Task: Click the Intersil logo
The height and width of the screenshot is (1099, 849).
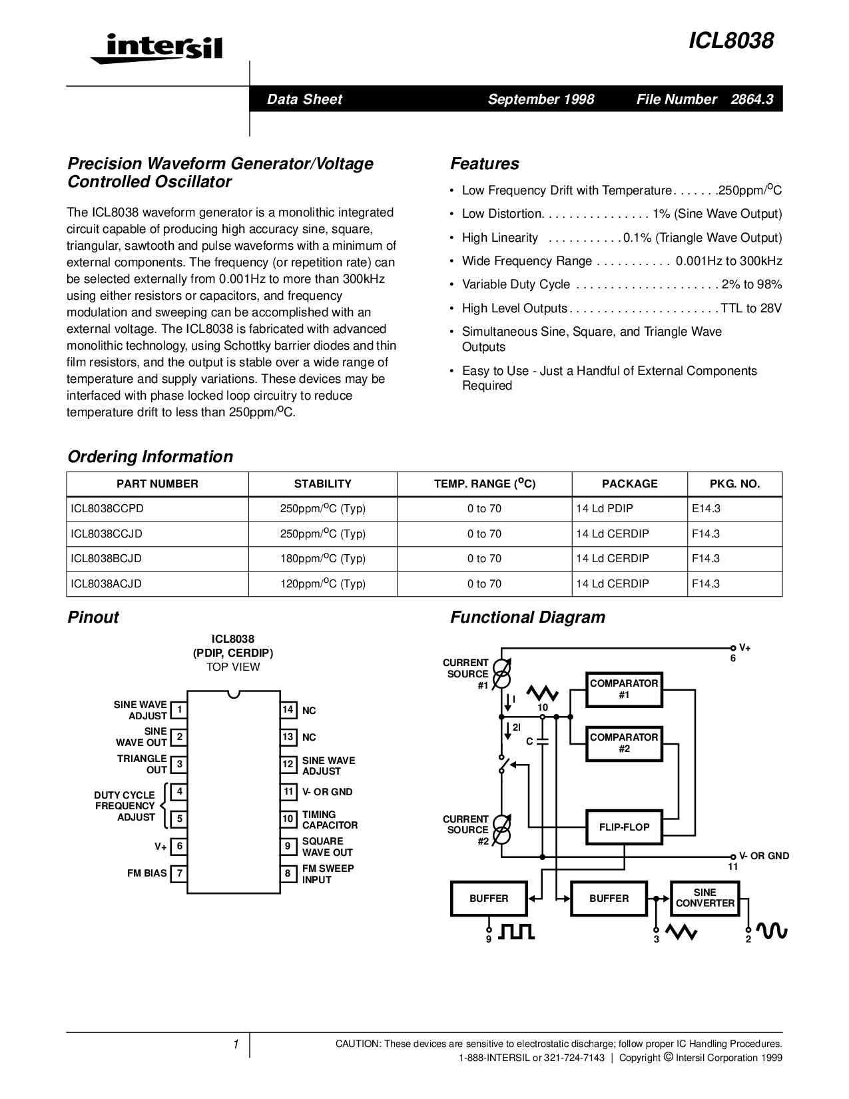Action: click(157, 47)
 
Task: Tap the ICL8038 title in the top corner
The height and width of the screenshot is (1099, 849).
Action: click(731, 41)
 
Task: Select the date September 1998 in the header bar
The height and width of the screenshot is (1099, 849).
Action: click(541, 99)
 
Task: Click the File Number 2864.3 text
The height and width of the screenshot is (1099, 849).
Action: click(705, 99)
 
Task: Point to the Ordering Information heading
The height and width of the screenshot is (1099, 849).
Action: click(150, 457)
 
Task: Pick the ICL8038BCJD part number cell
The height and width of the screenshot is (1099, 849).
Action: click(107, 558)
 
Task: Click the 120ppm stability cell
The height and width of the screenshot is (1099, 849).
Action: click(323, 583)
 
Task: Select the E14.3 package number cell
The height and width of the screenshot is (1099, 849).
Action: click(707, 508)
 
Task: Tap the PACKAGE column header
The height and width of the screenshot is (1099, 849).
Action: click(629, 484)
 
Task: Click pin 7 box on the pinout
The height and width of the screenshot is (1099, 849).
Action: click(178, 873)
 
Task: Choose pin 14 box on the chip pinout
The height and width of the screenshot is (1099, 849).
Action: click(288, 710)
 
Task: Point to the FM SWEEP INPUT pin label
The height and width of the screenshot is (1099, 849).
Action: click(328, 874)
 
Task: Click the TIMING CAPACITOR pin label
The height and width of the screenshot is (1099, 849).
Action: click(330, 820)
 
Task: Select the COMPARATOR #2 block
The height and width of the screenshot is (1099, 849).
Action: click(624, 743)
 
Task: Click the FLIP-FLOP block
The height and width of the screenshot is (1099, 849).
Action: click(624, 827)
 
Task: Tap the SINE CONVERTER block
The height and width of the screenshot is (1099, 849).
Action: click(705, 898)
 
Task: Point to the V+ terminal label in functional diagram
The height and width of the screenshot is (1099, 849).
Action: click(744, 647)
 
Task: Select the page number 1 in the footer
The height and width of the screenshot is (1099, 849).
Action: click(236, 1044)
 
